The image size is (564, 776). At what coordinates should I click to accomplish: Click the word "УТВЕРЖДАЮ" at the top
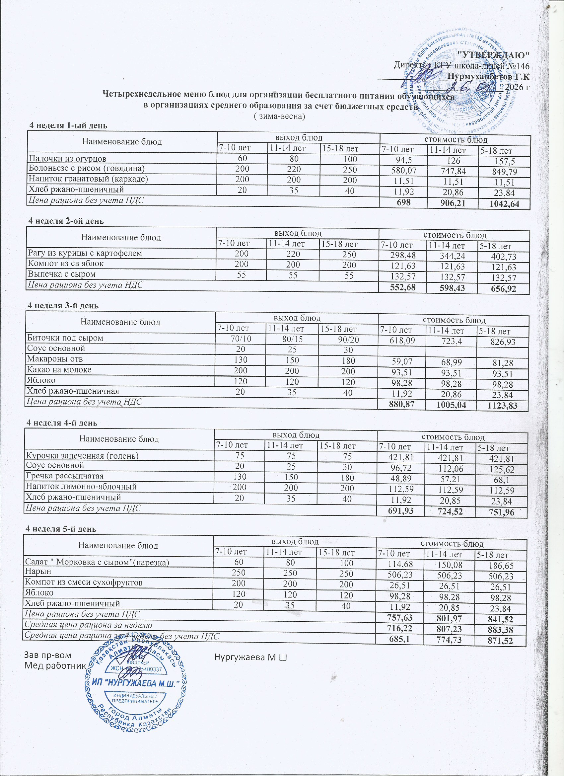[493, 54]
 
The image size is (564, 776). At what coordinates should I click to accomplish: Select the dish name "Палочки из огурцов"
[67, 158]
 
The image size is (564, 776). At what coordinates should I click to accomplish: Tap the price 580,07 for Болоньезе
[403, 170]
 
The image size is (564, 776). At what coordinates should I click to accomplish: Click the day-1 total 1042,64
[504, 204]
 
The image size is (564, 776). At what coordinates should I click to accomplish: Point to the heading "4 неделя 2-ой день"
[66, 221]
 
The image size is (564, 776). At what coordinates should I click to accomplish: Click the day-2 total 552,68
[402, 287]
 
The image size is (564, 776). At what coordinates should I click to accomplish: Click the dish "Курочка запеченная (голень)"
[82, 456]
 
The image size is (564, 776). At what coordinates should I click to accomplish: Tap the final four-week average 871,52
[501, 640]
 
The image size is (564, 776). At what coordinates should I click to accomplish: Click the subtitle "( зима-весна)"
[279, 116]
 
